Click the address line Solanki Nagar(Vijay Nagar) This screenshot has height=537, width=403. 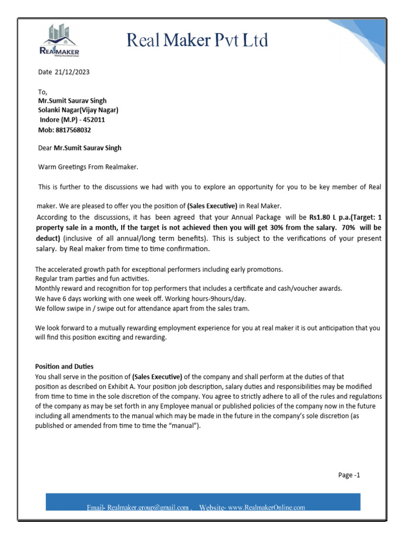pyautogui.click(x=78, y=110)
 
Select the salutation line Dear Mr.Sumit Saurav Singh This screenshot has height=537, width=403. pyautogui.click(x=80, y=148)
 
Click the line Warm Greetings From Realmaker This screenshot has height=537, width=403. pyautogui.click(x=88, y=167)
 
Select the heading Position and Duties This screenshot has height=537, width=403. pyautogui.click(x=64, y=366)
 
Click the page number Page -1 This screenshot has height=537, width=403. pyautogui.click(x=349, y=475)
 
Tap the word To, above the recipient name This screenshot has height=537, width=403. pyautogui.click(x=43, y=91)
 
